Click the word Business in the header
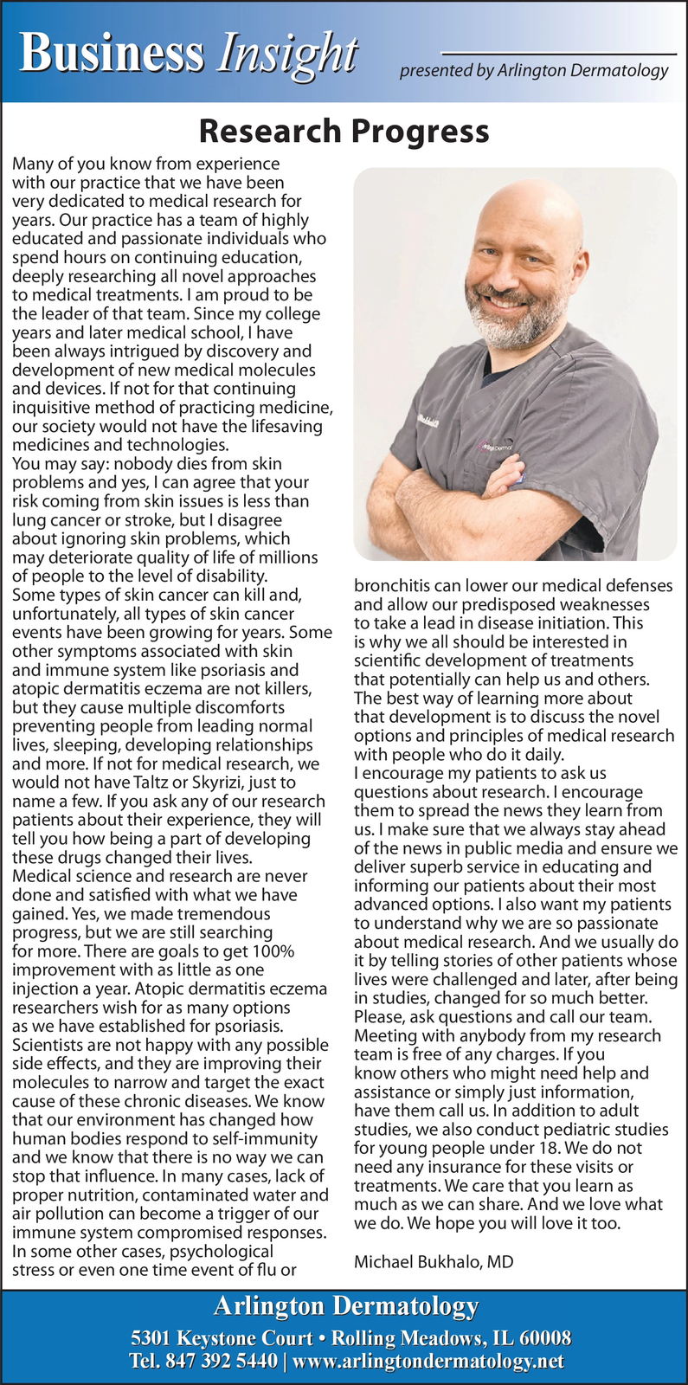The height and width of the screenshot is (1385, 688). tap(113, 54)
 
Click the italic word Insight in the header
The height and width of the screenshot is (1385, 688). tap(287, 54)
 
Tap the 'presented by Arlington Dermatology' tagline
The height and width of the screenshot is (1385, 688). tap(534, 71)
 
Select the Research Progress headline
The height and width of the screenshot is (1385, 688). tap(344, 132)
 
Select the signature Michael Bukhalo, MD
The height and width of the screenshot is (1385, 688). tap(434, 1261)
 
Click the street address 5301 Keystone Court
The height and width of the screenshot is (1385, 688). tap(221, 1338)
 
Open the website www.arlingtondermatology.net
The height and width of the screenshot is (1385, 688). tap(428, 1361)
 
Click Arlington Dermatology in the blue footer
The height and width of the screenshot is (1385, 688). tap(345, 1306)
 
